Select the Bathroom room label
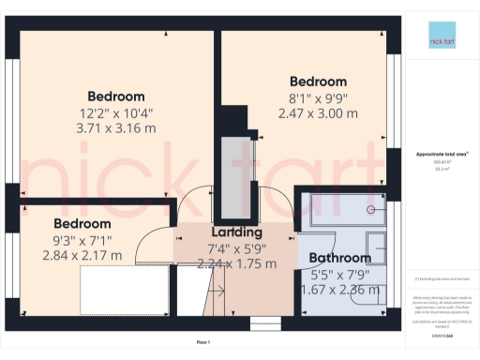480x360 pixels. [x=340, y=258]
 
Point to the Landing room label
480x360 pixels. [x=236, y=232]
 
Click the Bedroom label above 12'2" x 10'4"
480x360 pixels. [x=116, y=96]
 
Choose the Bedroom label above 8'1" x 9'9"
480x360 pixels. [x=318, y=82]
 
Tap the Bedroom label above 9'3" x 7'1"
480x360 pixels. [x=82, y=224]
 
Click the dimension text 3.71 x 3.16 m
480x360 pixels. [x=116, y=128]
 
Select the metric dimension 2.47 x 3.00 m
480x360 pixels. [x=318, y=113]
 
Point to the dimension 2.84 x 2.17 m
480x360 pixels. [x=82, y=255]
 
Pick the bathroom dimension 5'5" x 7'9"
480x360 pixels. [x=340, y=275]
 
